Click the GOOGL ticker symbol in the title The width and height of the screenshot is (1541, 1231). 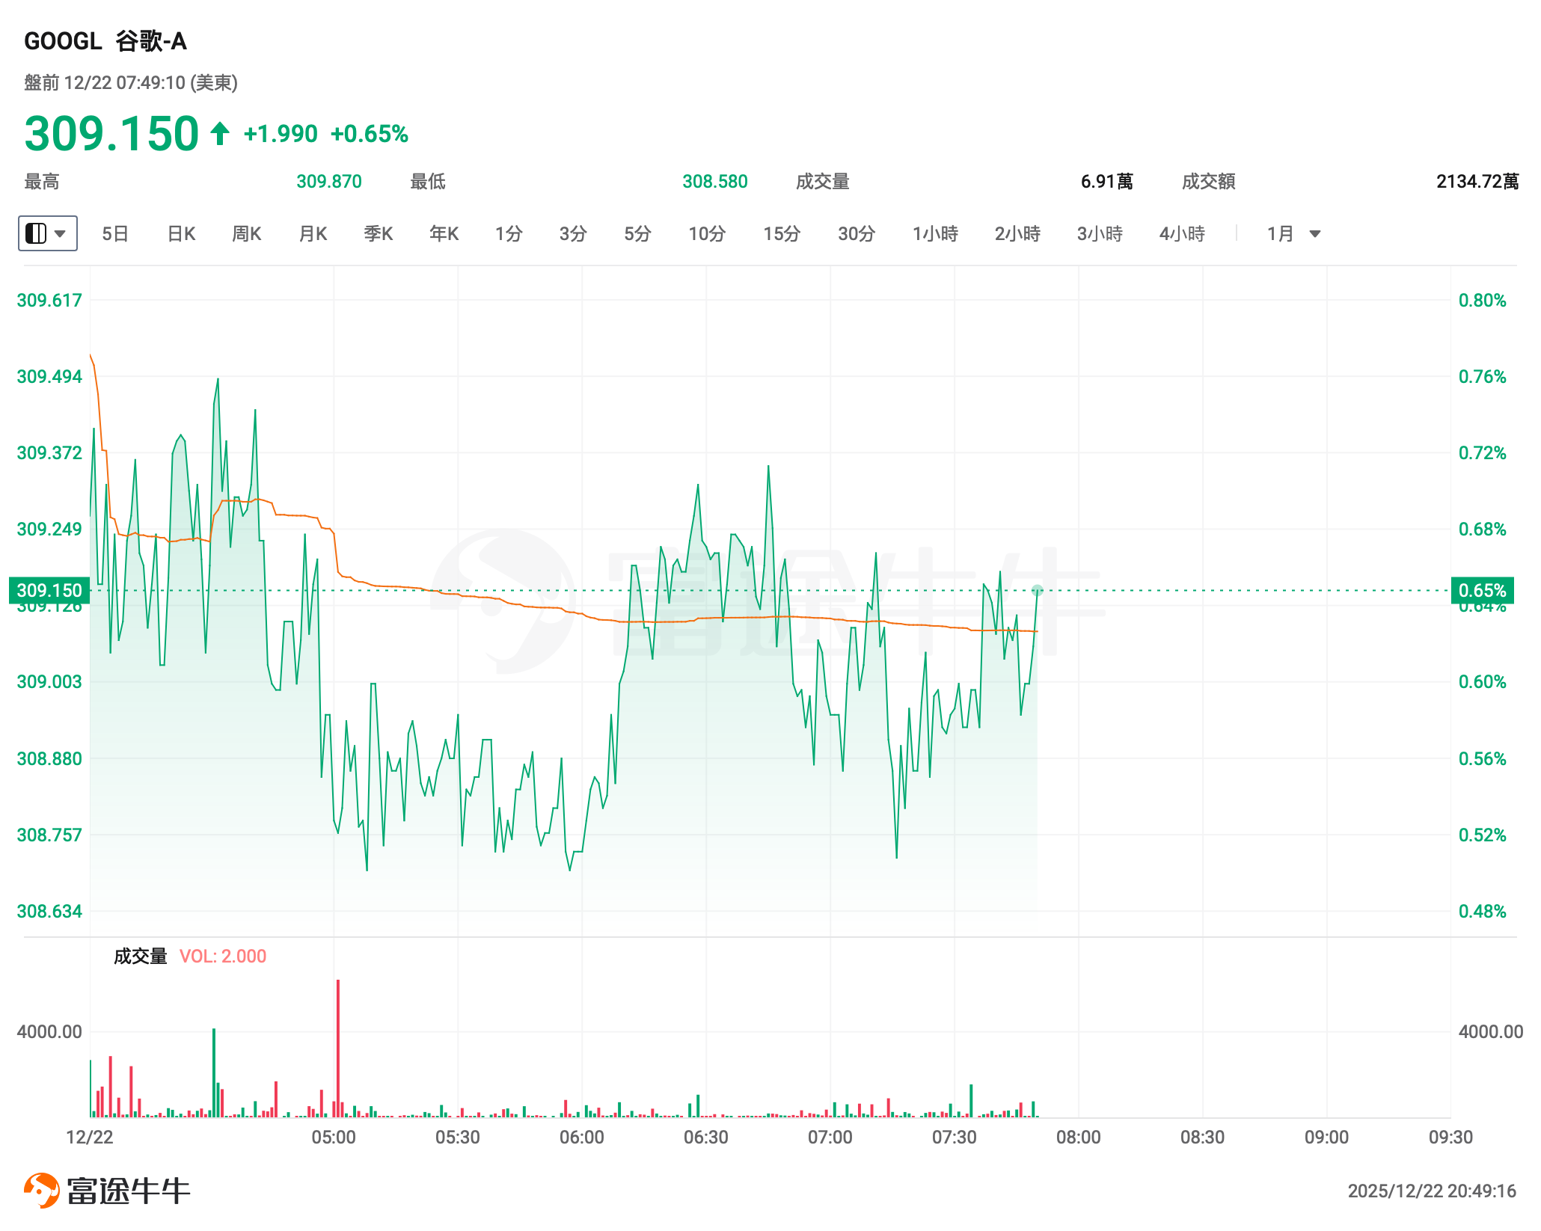pyautogui.click(x=63, y=41)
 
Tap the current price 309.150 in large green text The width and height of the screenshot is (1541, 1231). pyautogui.click(x=111, y=134)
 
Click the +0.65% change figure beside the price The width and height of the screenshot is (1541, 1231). pyautogui.click(x=369, y=135)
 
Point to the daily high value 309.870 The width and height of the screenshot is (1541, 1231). pyautogui.click(x=328, y=182)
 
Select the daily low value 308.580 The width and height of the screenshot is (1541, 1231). pyautogui.click(x=714, y=182)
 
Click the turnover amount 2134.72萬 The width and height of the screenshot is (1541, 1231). pyautogui.click(x=1477, y=182)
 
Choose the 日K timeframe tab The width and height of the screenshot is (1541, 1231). pyautogui.click(x=181, y=234)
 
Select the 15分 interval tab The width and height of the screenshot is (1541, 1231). pyautogui.click(x=781, y=234)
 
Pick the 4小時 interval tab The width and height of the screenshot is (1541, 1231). pyautogui.click(x=1181, y=234)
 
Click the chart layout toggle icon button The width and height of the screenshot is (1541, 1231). pyautogui.click(x=47, y=233)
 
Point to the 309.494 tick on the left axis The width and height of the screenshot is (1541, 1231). pyautogui.click(x=49, y=376)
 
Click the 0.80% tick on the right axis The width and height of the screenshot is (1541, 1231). pyautogui.click(x=1482, y=300)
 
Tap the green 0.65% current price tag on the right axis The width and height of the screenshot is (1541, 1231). pyautogui.click(x=1482, y=590)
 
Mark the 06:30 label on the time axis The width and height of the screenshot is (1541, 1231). pyautogui.click(x=705, y=1138)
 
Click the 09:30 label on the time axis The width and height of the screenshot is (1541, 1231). pyautogui.click(x=1450, y=1138)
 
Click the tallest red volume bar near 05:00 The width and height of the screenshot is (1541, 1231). pyautogui.click(x=338, y=1047)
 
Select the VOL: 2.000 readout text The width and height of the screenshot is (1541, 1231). pyautogui.click(x=223, y=957)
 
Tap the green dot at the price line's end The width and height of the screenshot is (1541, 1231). pyautogui.click(x=1038, y=591)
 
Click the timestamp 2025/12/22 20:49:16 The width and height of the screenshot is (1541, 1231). pyautogui.click(x=1431, y=1191)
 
